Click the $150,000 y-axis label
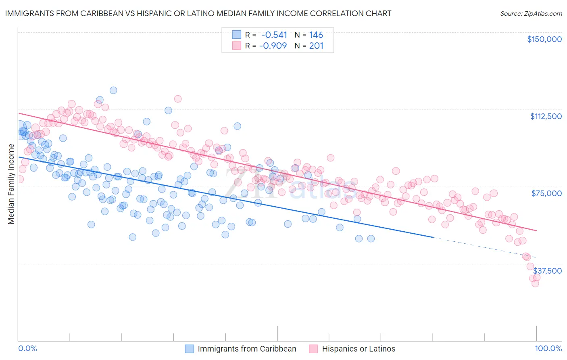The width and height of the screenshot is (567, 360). (544, 39)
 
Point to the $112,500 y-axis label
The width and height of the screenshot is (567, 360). (546, 116)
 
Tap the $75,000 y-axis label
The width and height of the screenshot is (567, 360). (546, 193)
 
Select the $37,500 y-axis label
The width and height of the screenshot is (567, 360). (547, 270)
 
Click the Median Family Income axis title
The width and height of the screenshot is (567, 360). (11, 184)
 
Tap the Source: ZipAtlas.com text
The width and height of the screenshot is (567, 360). (531, 13)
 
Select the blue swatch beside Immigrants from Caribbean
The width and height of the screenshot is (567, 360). (190, 349)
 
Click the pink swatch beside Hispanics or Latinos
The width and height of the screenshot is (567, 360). (313, 349)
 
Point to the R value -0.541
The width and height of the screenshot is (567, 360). (274, 35)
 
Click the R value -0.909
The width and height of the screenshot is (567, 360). (273, 46)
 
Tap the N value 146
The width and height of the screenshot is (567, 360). (316, 35)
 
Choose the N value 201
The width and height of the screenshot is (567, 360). (316, 46)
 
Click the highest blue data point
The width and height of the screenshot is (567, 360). (113, 90)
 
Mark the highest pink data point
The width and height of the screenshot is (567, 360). (177, 98)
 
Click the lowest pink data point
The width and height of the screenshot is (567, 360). (535, 283)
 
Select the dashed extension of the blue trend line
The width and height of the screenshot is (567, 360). (484, 247)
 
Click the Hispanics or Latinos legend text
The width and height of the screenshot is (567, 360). (359, 349)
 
